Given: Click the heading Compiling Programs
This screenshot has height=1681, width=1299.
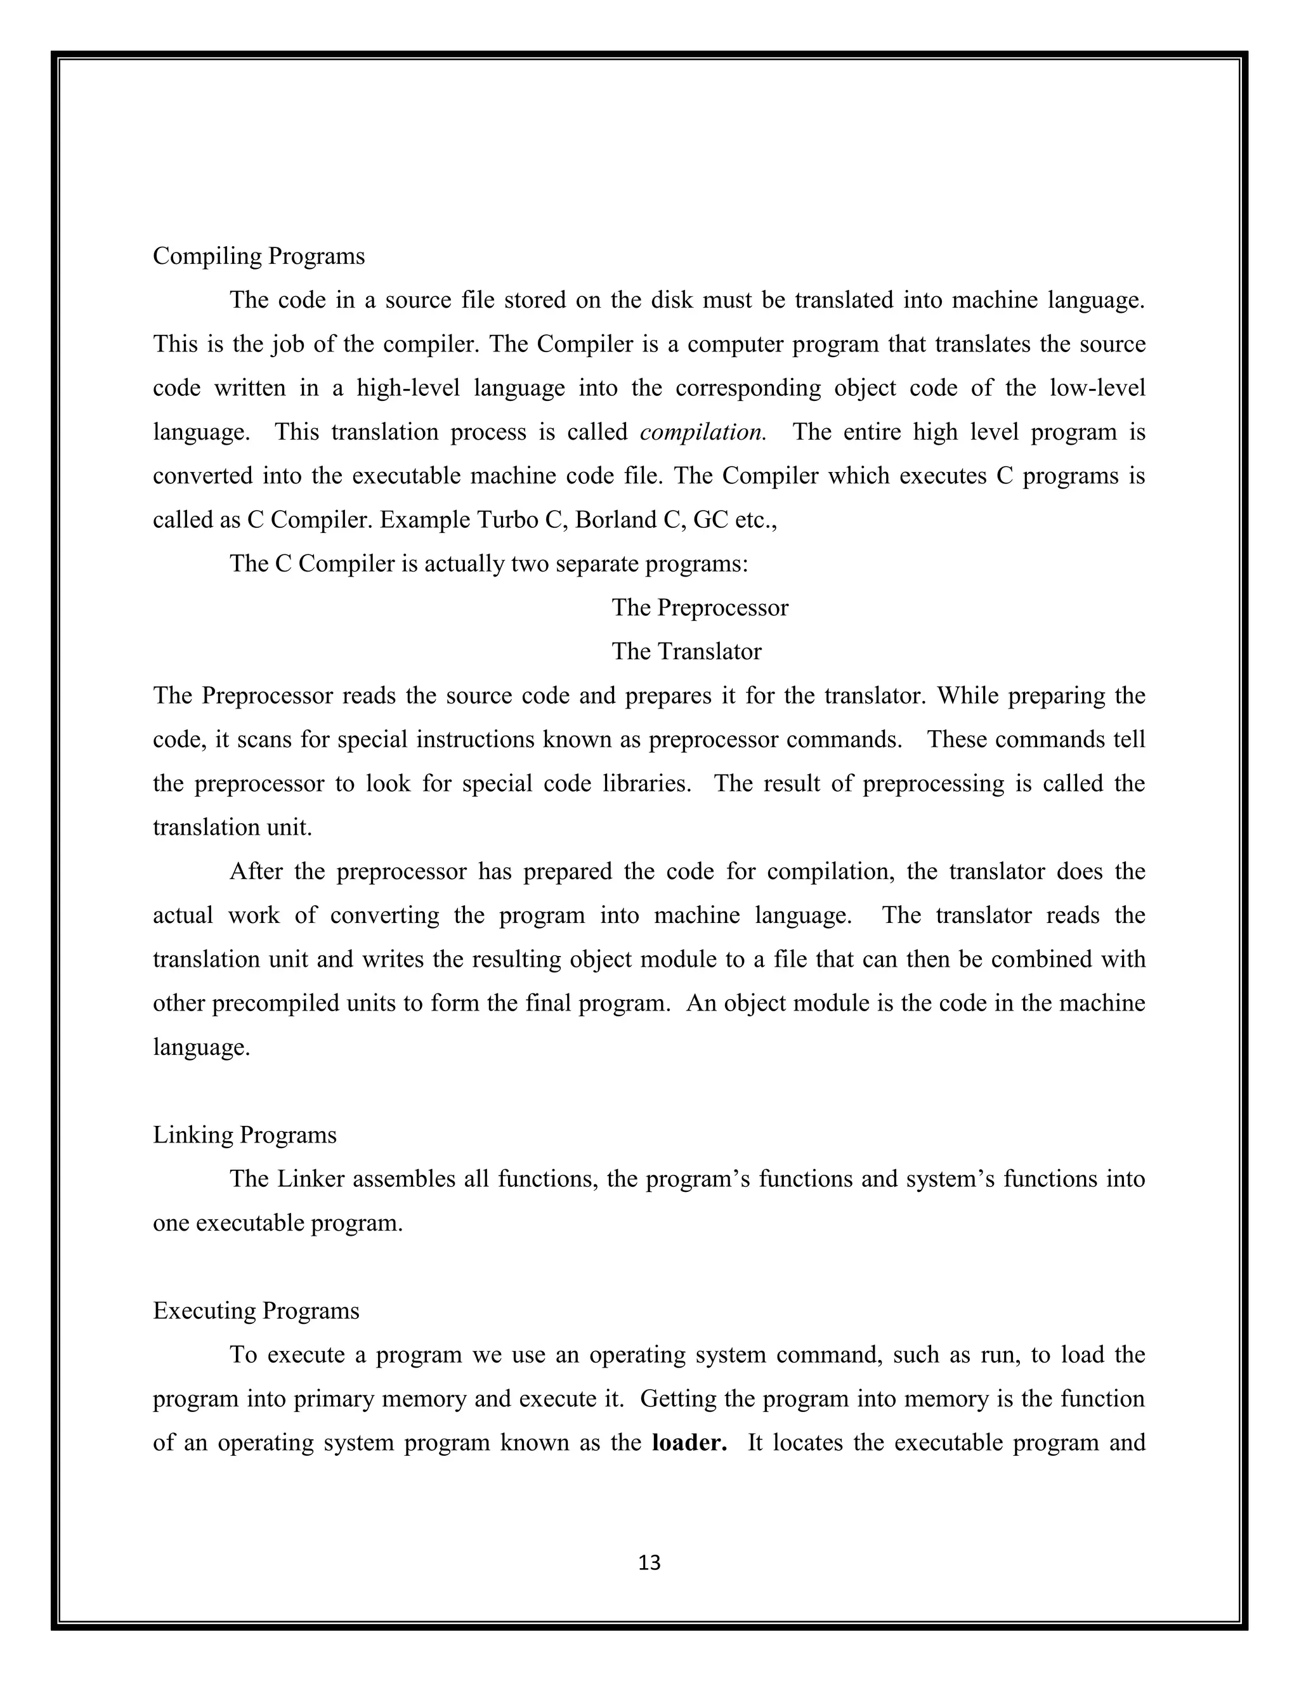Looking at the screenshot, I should coord(259,256).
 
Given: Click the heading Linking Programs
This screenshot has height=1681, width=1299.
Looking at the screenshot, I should coord(245,1135).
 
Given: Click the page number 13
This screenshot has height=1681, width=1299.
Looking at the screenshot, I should coord(649,1562).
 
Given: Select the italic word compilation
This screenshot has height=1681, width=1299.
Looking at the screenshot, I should coord(702,433).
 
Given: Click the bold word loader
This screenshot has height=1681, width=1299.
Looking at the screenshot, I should coord(689,1442).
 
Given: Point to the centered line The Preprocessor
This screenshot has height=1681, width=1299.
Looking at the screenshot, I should coord(700,608).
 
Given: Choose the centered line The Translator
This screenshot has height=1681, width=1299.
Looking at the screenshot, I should coord(686,652).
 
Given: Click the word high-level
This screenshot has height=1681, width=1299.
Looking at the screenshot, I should coord(408,389).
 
